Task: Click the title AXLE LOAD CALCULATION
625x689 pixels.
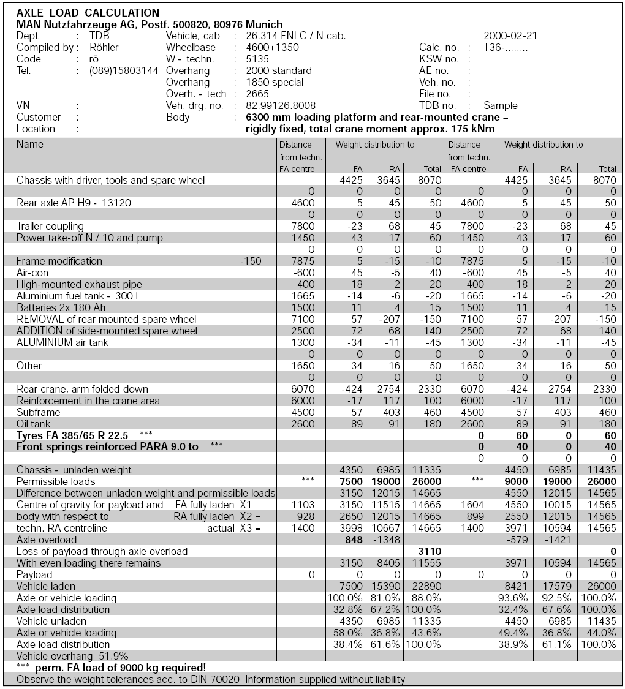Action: (x=88, y=13)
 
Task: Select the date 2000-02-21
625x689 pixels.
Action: (x=510, y=36)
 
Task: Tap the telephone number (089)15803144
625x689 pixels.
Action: (x=124, y=71)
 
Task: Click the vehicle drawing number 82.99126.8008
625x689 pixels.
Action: (x=281, y=106)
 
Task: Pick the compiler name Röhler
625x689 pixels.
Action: (x=104, y=48)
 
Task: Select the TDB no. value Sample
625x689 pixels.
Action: (x=501, y=106)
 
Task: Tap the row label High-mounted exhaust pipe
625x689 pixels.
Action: (x=79, y=284)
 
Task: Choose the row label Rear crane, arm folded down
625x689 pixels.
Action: (x=82, y=389)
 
